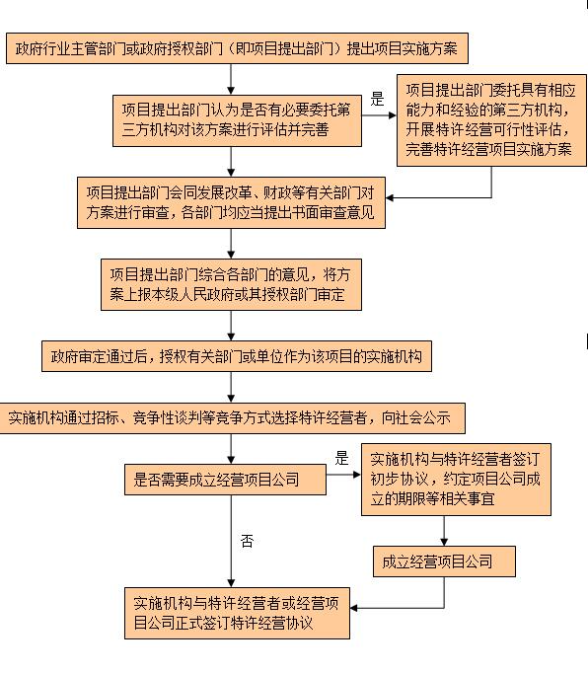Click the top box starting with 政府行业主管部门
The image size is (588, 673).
[x=237, y=48]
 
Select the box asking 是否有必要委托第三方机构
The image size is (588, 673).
[x=237, y=120]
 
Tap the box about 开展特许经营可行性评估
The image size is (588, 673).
[x=491, y=120]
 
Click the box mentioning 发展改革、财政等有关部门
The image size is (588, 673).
[x=231, y=202]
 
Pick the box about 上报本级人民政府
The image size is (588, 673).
[x=231, y=284]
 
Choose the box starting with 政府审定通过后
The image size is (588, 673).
[x=237, y=356]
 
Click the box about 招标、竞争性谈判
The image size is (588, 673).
[x=232, y=418]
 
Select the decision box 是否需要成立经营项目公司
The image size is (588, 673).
[x=225, y=480]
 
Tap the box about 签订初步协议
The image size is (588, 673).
[x=456, y=480]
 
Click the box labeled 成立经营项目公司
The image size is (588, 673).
[x=444, y=561]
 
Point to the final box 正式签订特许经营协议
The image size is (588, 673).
[x=237, y=614]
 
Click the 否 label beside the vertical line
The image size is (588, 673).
[x=248, y=541]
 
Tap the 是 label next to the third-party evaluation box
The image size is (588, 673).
[x=377, y=99]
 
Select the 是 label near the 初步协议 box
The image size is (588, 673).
[x=341, y=459]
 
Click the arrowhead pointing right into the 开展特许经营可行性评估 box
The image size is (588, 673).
[x=393, y=115]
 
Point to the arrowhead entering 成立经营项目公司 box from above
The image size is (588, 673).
[x=444, y=542]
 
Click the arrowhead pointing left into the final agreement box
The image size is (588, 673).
[x=354, y=608]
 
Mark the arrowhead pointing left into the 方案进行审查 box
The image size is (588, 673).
[x=390, y=198]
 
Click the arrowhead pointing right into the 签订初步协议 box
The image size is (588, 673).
[x=357, y=475]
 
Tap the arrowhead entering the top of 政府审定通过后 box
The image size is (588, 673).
[x=231, y=336]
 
